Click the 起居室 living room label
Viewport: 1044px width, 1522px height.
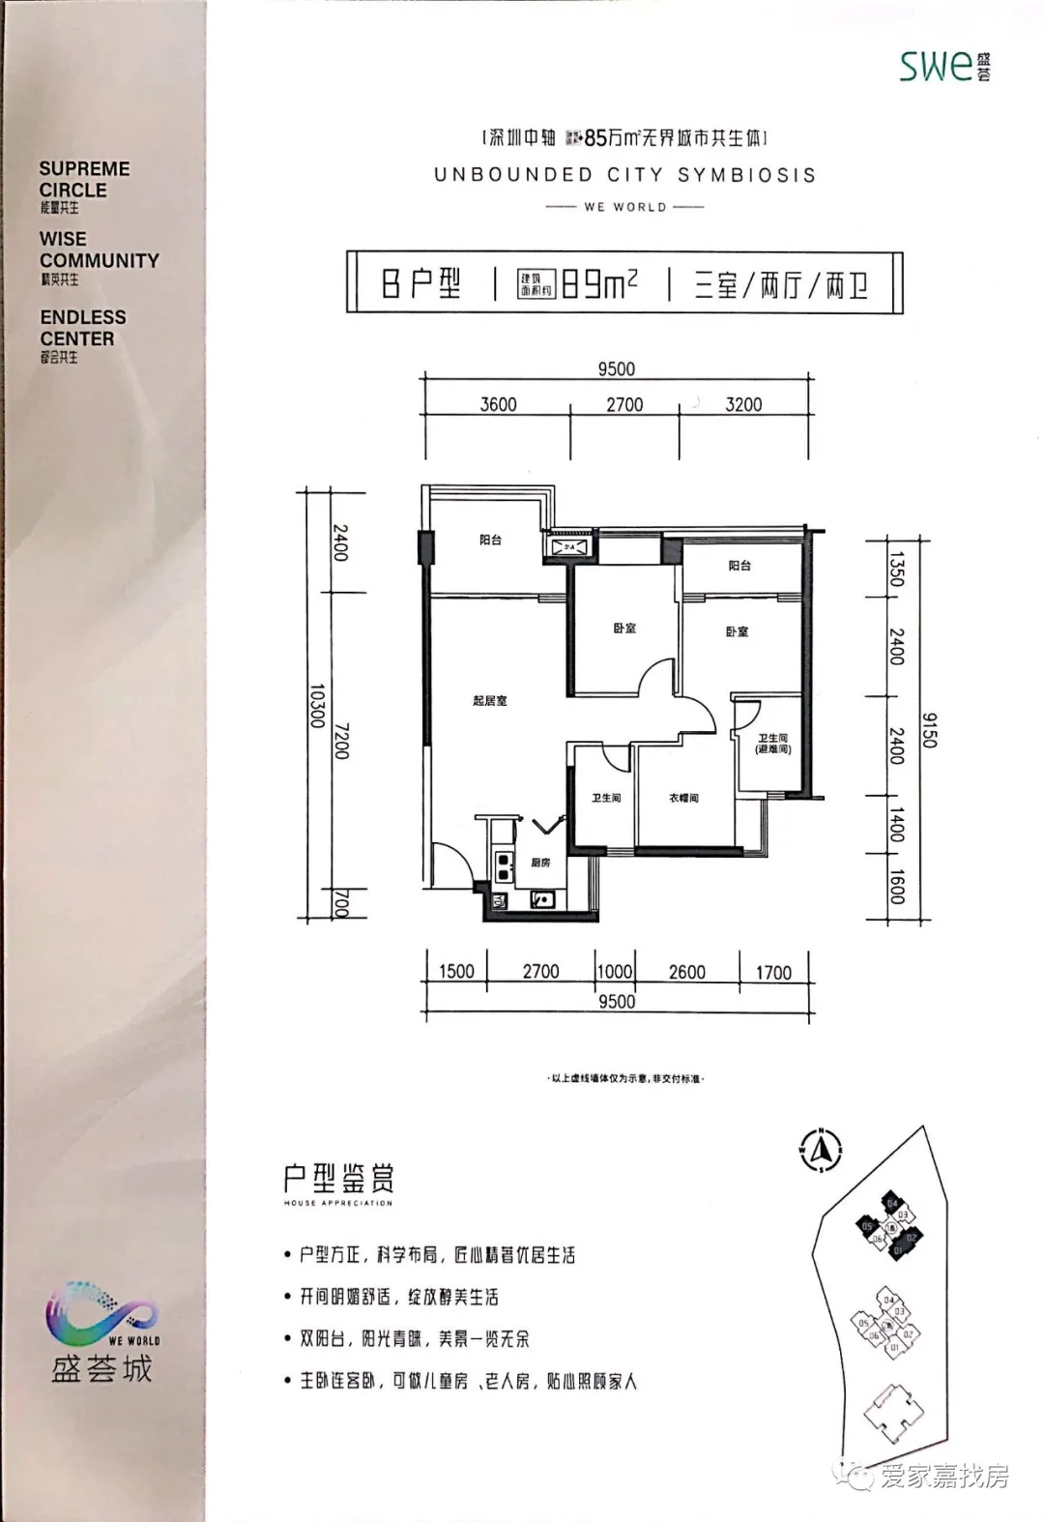(490, 700)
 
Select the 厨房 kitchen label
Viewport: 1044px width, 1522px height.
(540, 862)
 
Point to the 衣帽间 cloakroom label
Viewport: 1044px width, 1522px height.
(683, 799)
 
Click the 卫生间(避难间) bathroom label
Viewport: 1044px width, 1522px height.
(773, 744)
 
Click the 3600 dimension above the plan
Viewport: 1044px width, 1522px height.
(499, 404)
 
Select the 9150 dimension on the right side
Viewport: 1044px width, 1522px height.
(929, 730)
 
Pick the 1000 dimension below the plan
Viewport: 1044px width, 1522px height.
(614, 972)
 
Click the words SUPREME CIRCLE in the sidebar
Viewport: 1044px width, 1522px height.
(84, 179)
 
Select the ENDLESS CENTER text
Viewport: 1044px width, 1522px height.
(83, 328)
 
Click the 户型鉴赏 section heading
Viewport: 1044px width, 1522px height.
(338, 1179)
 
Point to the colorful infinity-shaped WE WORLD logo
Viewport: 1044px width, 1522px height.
(101, 1315)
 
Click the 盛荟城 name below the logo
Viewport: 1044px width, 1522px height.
(102, 1368)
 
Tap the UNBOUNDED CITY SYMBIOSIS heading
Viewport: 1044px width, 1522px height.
(624, 175)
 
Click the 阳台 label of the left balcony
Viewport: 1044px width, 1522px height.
(491, 541)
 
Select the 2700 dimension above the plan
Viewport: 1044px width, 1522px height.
(624, 404)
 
